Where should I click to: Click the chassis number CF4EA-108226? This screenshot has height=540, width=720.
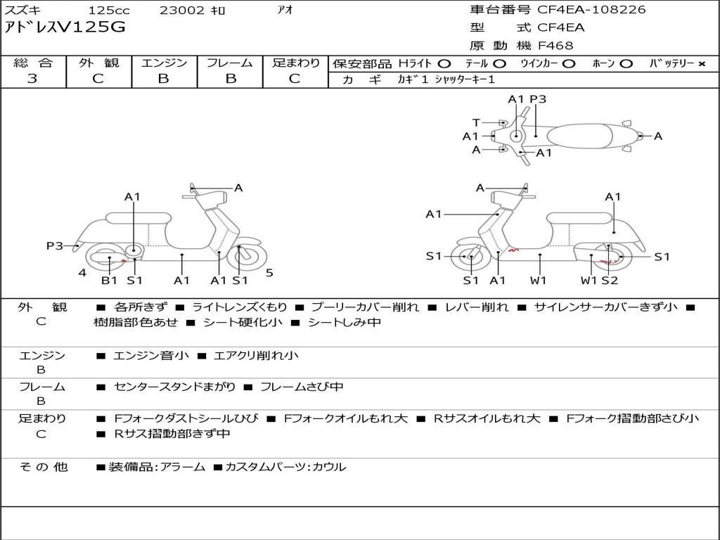[x=591, y=10]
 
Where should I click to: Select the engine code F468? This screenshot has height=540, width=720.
[x=555, y=46]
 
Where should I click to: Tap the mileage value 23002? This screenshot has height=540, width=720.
[x=182, y=11]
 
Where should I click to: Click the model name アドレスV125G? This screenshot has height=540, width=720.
[x=66, y=27]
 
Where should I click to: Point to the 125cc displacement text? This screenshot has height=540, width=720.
[x=109, y=11]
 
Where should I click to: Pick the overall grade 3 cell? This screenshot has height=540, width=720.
[x=32, y=79]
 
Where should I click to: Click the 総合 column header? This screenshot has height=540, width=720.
[x=33, y=63]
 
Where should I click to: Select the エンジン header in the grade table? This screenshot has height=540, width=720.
[x=164, y=63]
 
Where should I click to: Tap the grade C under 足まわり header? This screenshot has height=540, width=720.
[x=295, y=79]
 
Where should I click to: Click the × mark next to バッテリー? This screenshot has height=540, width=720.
[x=701, y=64]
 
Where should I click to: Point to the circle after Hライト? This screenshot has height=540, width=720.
[x=444, y=64]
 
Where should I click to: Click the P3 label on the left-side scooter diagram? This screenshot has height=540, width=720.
[x=55, y=246]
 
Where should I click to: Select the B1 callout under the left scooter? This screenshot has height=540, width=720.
[x=109, y=281]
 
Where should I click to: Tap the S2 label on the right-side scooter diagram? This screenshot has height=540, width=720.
[x=609, y=281]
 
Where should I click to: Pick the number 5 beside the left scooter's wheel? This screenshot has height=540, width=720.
[x=269, y=273]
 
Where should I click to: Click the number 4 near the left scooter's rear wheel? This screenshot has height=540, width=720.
[x=83, y=273]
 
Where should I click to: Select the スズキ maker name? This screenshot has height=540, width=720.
[x=23, y=11]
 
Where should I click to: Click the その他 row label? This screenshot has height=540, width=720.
[x=44, y=467]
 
